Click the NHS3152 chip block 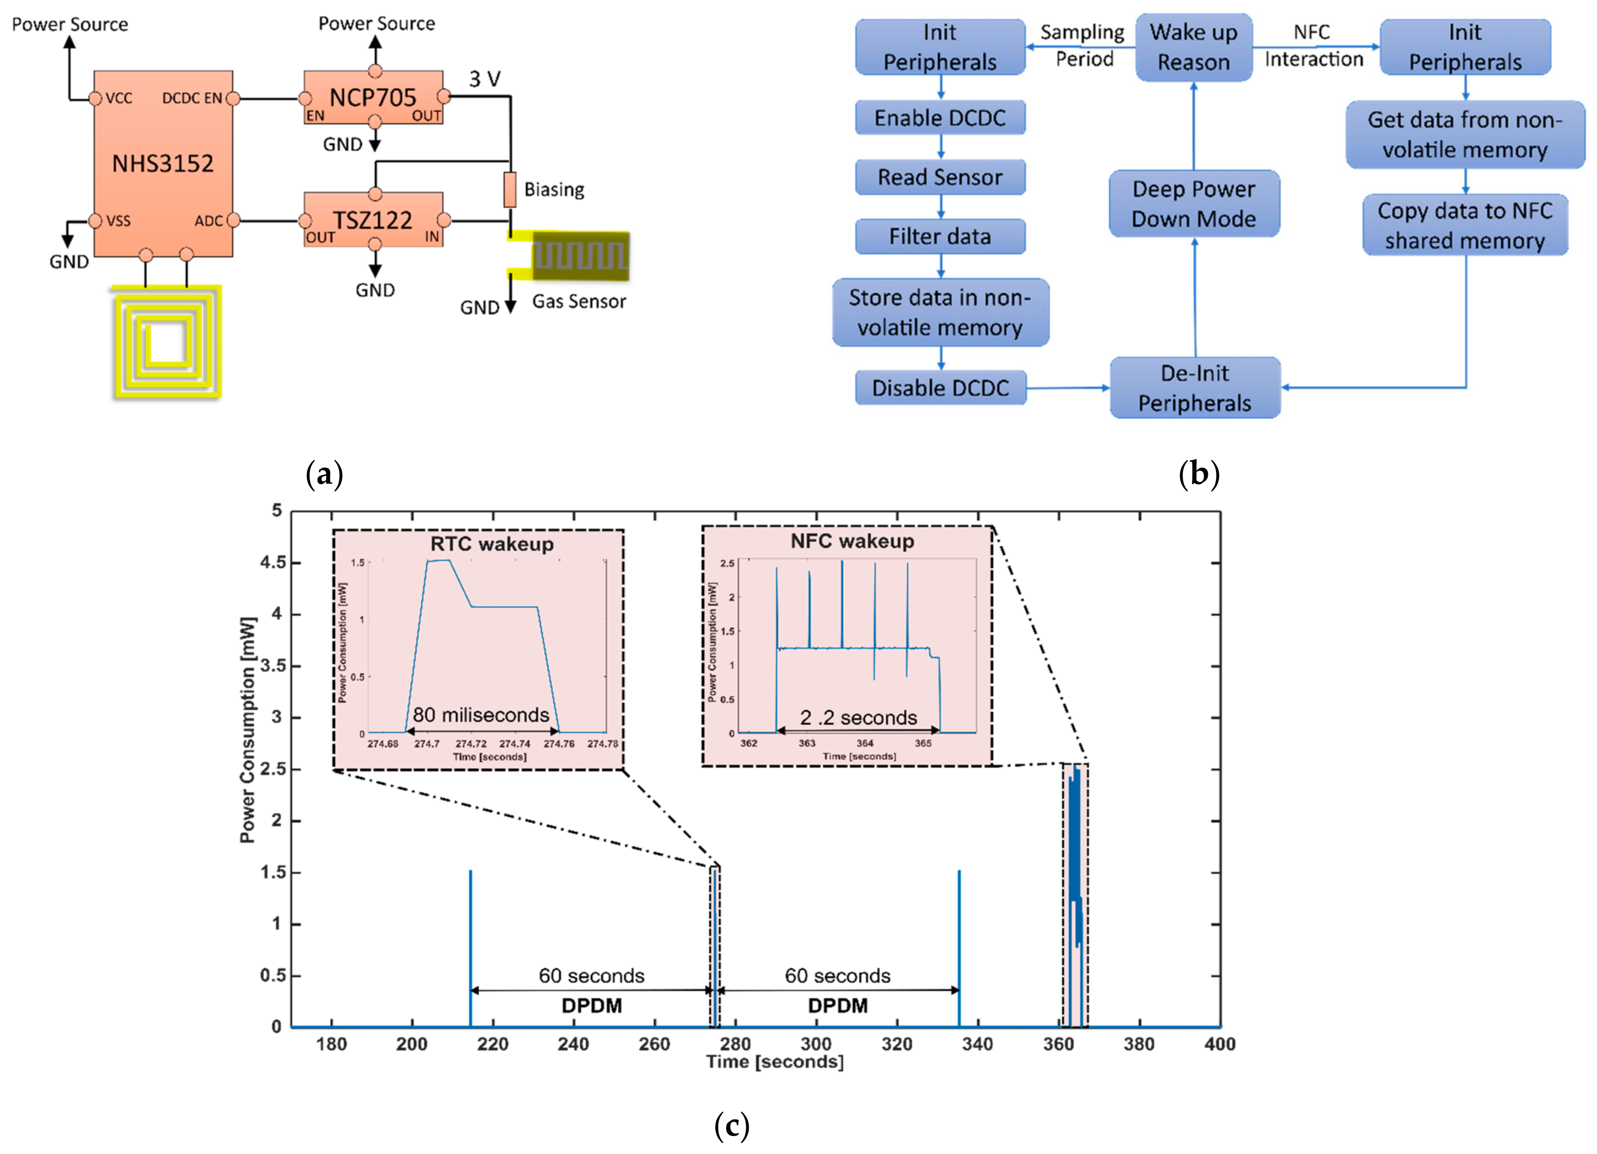(163, 164)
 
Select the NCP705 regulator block (373, 97)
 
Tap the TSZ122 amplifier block (373, 220)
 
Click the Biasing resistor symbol (510, 189)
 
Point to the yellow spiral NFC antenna (167, 342)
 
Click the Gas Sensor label (579, 301)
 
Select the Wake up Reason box (1194, 47)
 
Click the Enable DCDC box (940, 118)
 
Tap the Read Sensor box (940, 177)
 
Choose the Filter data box (940, 236)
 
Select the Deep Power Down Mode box (1194, 203)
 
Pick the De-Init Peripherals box (1195, 388)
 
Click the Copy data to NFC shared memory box (1465, 225)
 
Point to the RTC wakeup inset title (492, 544)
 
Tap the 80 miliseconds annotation (481, 715)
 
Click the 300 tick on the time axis (816, 1044)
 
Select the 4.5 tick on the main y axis (273, 562)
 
